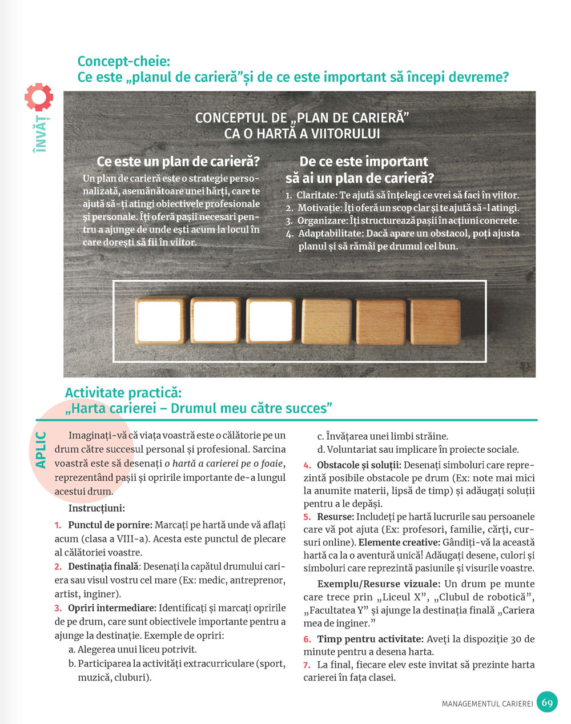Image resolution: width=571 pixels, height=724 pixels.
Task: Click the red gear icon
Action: click(x=39, y=97)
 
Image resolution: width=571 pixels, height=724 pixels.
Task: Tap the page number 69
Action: click(x=547, y=702)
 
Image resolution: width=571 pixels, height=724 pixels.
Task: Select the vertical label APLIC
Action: click(x=41, y=450)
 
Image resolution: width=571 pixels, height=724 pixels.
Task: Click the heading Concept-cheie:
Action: click(x=123, y=61)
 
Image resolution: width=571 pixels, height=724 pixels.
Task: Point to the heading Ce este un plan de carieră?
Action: click(x=178, y=162)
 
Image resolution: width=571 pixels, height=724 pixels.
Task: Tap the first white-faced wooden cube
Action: click(x=160, y=323)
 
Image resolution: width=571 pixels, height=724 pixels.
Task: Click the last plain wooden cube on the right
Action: click(x=435, y=323)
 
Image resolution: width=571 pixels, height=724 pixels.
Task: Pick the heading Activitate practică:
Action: click(x=123, y=393)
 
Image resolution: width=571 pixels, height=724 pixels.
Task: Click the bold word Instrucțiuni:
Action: click(x=96, y=508)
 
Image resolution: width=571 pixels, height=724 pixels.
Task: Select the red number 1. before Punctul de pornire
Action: click(x=58, y=525)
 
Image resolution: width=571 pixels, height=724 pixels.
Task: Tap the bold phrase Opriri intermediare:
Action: click(x=112, y=608)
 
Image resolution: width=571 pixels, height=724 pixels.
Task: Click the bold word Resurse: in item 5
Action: click(x=335, y=517)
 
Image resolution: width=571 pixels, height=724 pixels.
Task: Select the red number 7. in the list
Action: click(x=307, y=665)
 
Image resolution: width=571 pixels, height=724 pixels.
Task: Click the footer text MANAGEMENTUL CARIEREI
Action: click(x=486, y=704)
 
